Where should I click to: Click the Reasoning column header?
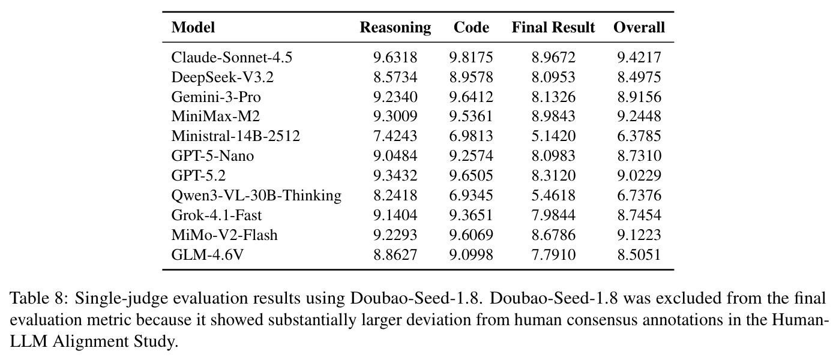click(x=395, y=28)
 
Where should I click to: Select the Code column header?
click(x=471, y=28)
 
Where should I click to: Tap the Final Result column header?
click(x=553, y=28)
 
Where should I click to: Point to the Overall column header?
click(x=639, y=28)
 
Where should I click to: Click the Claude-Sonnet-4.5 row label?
click(x=232, y=58)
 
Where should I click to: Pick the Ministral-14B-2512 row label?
click(x=236, y=136)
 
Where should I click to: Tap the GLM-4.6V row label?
click(x=207, y=255)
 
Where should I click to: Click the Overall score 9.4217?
click(x=639, y=58)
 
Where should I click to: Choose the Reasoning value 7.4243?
click(x=395, y=136)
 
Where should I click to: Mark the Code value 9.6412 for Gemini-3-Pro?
click(x=471, y=97)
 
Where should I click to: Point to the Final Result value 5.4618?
click(x=553, y=196)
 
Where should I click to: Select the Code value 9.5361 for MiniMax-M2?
click(x=471, y=116)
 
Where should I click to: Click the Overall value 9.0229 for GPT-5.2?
click(x=639, y=176)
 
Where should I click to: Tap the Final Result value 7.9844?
click(x=553, y=215)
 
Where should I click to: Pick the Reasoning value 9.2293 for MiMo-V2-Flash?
click(x=395, y=235)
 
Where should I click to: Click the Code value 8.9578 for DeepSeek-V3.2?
click(x=471, y=77)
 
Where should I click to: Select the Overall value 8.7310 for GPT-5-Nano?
click(x=639, y=156)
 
